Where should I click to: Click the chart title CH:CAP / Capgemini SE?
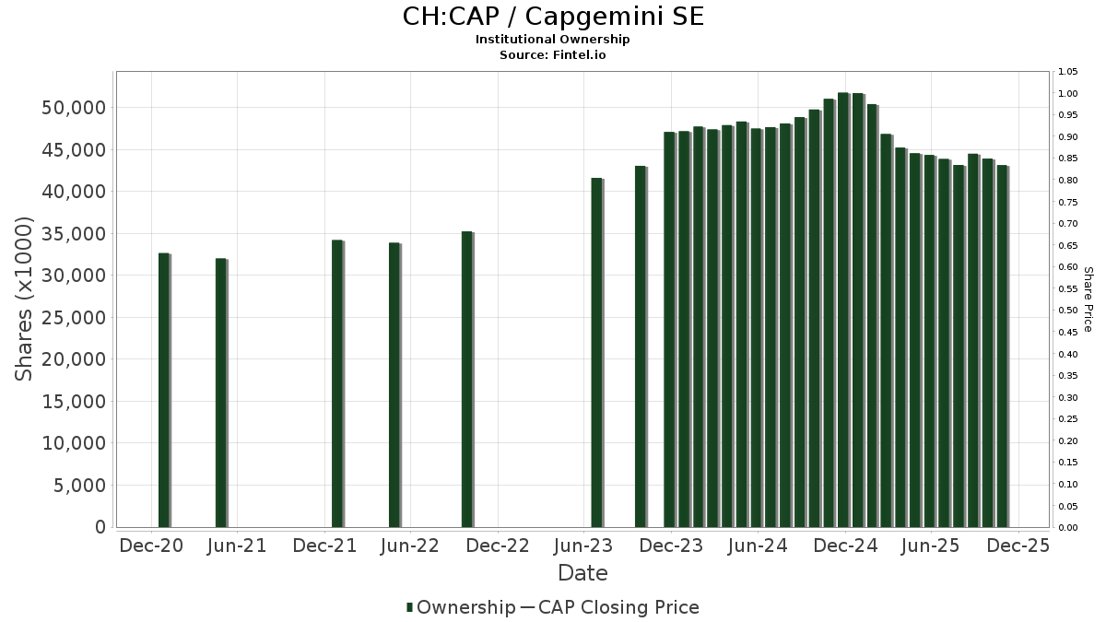[553, 17]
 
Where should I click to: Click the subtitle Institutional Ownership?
[553, 40]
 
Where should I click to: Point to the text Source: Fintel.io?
[553, 55]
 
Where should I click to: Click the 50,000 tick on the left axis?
[73, 108]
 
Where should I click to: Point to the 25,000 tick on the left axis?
[73, 318]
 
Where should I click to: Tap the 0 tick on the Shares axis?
[98, 527]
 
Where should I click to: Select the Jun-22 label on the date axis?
[409, 546]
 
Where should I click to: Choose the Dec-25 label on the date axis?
[1018, 546]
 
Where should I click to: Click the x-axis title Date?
[582, 573]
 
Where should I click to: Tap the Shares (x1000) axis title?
[25, 299]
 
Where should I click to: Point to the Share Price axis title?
[1088, 299]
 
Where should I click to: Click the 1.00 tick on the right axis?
[1067, 94]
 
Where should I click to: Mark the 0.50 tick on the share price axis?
[1067, 311]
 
